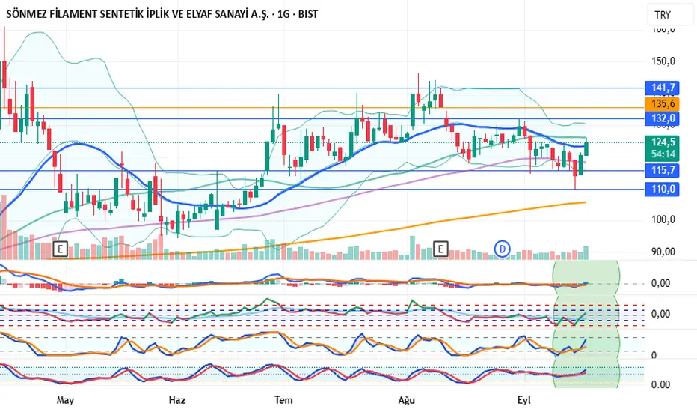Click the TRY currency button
tap(663, 15)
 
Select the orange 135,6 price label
tap(663, 103)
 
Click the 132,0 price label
tap(663, 118)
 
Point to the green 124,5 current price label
tap(663, 142)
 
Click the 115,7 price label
tap(663, 171)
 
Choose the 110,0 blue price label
tap(663, 190)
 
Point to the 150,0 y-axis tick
tap(663, 61)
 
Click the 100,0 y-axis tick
tap(663, 219)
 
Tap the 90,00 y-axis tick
tap(663, 252)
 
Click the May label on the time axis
tap(66, 400)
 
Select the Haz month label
tap(176, 400)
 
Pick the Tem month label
tap(283, 400)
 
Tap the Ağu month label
tap(408, 400)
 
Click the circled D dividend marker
tap(503, 247)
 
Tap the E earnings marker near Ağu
tap(440, 247)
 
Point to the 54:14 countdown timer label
tap(663, 154)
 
